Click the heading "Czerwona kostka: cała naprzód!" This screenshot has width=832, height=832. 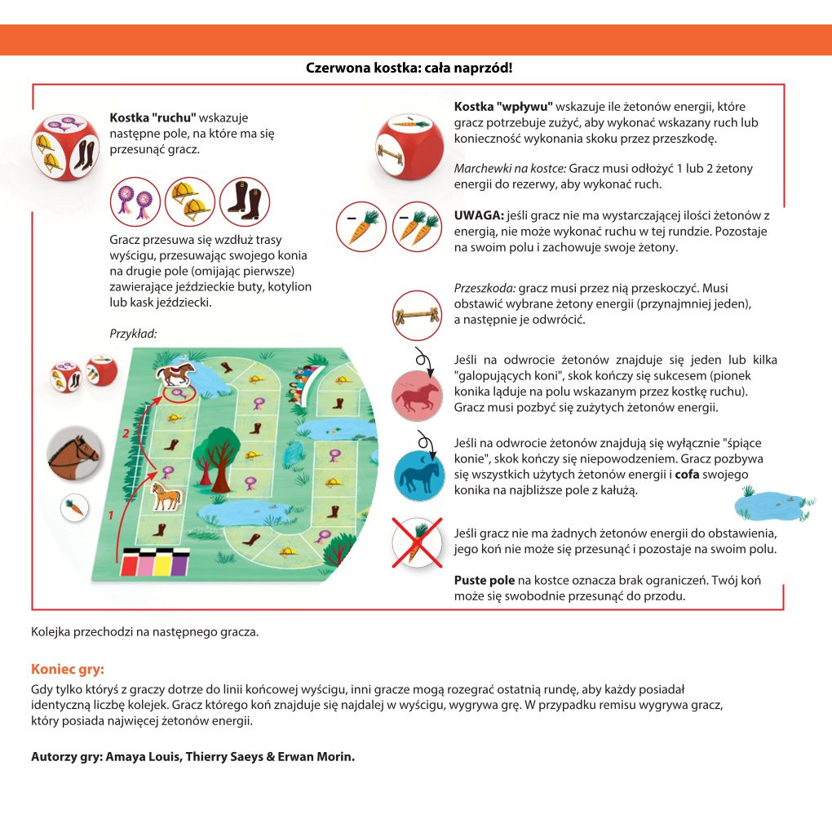pos(409,68)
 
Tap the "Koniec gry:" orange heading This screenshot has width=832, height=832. pos(68,669)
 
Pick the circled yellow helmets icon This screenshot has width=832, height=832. pos(189,201)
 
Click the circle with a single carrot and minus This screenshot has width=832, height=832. pos(361,226)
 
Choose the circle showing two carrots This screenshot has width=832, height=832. pos(417,226)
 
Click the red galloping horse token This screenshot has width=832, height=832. pos(417,396)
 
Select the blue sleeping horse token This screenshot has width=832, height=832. pos(418,474)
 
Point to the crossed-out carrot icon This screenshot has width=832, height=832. pos(417,542)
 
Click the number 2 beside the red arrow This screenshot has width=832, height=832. pos(125,434)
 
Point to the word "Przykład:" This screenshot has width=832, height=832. pos(132,333)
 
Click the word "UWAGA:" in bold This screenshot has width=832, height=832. pos(479,215)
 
